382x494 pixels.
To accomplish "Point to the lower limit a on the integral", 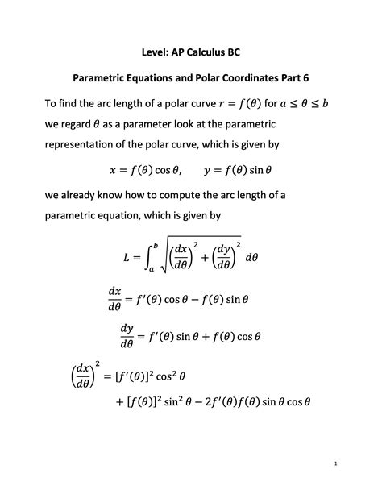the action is click(151, 275).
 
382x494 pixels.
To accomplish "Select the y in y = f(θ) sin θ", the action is click(208, 171).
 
